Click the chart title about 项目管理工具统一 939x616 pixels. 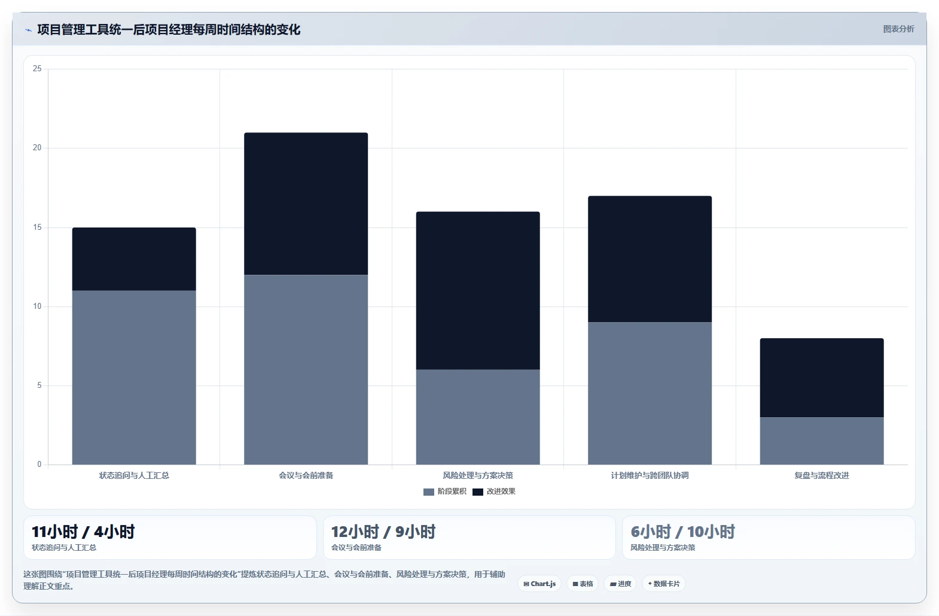pos(169,29)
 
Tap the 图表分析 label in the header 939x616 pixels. pos(898,29)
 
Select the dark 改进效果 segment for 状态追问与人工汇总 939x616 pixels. pos(134,259)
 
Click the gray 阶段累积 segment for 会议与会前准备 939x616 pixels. pos(306,370)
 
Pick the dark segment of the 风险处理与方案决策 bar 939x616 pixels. pos(478,290)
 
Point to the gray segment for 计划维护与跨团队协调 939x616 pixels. pos(650,393)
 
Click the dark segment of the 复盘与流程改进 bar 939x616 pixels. pos(822,378)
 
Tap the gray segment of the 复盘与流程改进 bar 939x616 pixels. pos(822,441)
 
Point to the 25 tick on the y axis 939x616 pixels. pos(37,68)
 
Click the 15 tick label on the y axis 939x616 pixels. pos(37,227)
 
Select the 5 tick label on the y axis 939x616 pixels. pos(39,385)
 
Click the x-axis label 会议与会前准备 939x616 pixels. pos(306,475)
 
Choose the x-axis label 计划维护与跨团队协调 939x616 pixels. pos(650,475)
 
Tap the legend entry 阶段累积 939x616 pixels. pos(445,491)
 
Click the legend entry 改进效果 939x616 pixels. pos(494,491)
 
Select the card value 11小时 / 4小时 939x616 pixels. pos(83,532)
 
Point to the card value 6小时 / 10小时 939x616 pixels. pos(683,532)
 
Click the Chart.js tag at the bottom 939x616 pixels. pos(539,584)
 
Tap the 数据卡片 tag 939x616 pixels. pos(664,584)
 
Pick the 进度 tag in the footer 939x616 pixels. pos(620,584)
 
